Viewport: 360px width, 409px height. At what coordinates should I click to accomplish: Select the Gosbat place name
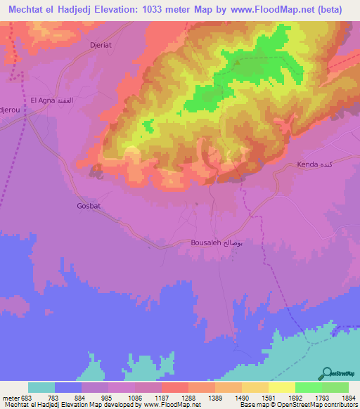[89, 206]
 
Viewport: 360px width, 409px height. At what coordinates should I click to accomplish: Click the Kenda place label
[310, 164]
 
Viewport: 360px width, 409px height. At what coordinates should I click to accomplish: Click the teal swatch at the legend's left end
[41, 387]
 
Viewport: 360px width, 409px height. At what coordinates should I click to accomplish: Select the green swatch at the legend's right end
[335, 387]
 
